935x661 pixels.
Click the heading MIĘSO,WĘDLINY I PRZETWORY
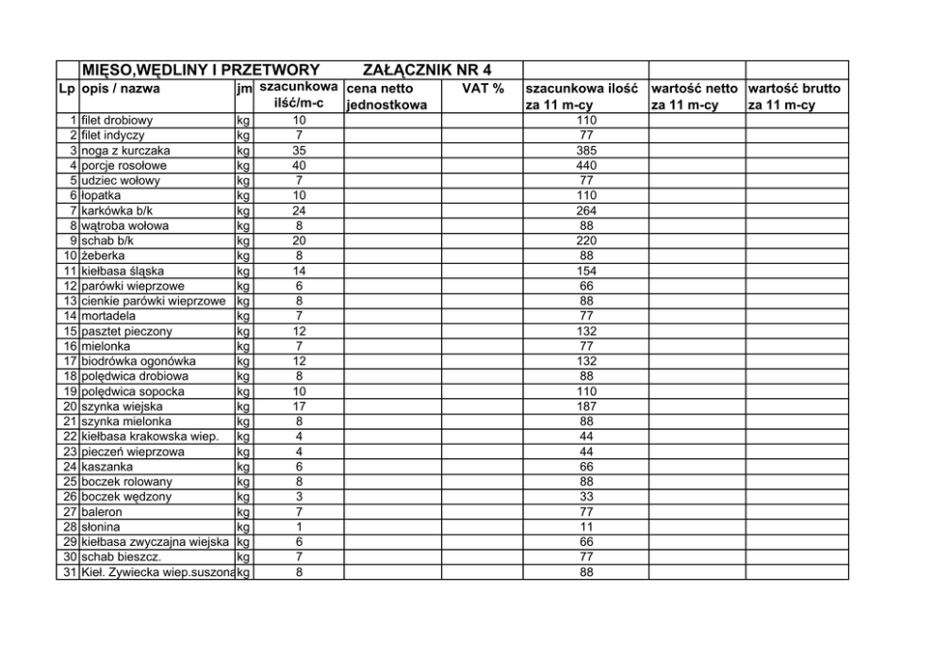click(x=200, y=71)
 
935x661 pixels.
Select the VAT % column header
click(x=483, y=89)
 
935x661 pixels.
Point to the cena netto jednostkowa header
click(x=386, y=96)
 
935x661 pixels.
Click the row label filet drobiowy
click(x=117, y=121)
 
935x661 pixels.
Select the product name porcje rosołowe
click(x=123, y=166)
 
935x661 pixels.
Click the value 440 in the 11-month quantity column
click(x=586, y=166)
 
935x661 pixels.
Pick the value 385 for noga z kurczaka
click(x=586, y=151)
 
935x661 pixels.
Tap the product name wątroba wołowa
click(x=122, y=226)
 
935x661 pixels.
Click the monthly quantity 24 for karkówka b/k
click(x=299, y=211)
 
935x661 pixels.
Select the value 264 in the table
click(x=586, y=211)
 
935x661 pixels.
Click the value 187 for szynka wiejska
click(x=586, y=406)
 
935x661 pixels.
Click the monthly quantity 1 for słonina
click(x=299, y=527)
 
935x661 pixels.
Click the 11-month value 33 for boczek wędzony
click(x=586, y=497)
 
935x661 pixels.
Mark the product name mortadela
click(x=109, y=317)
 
